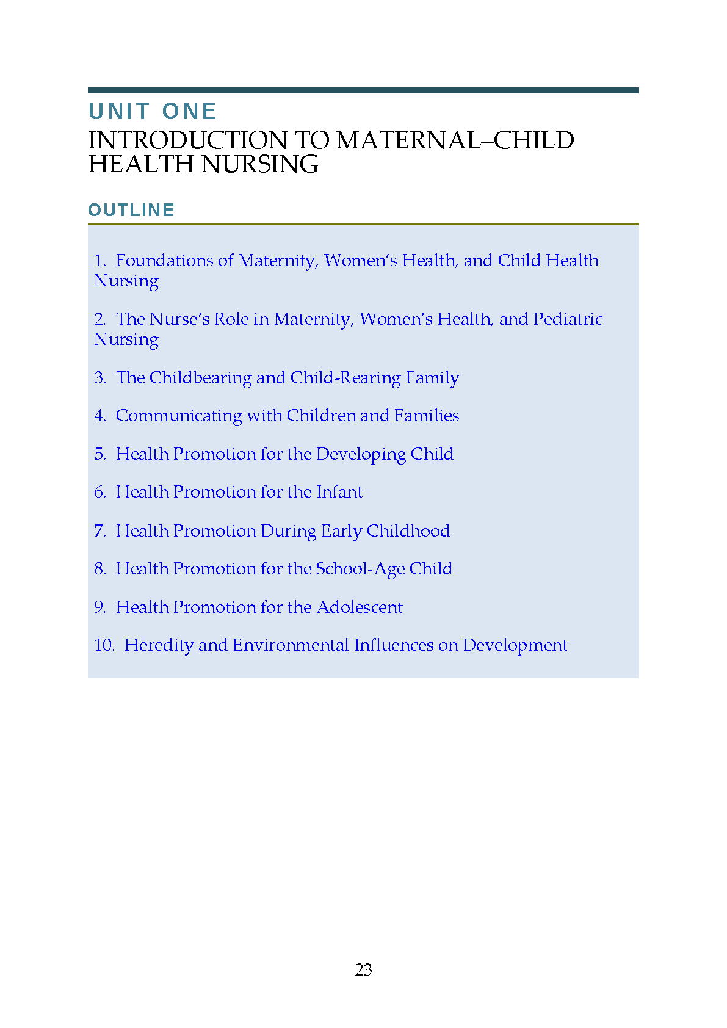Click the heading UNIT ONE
pos(153,111)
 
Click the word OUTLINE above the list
pos(131,210)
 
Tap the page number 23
pos(363,969)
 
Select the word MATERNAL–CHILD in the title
pos(455,140)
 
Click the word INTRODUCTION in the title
pos(187,140)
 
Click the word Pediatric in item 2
pos(568,319)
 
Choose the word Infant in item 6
pos(339,492)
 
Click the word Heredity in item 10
pos(159,645)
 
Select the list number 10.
pos(104,645)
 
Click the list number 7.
pos(99,531)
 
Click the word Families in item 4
pos(426,416)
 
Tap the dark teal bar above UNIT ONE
pos(363,90)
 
